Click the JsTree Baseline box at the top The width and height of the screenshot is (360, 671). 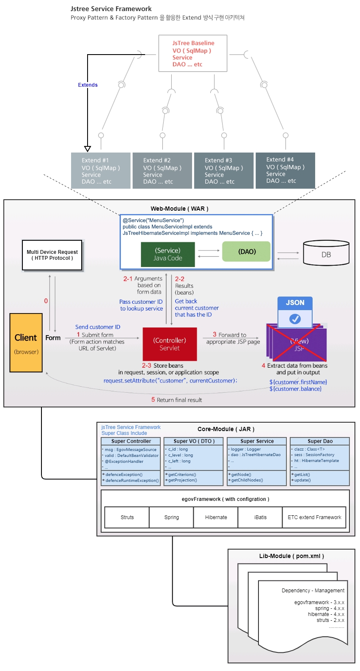pyautogui.click(x=193, y=53)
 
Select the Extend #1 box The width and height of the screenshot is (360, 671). pyautogui.click(x=101, y=170)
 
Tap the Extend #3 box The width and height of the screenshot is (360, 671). pyautogui.click(x=223, y=170)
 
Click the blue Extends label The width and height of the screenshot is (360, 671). pyautogui.click(x=88, y=85)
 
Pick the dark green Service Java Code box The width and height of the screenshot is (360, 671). pyautogui.click(x=168, y=254)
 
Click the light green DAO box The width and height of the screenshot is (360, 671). pyautogui.click(x=246, y=252)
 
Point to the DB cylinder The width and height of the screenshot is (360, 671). pyautogui.click(x=326, y=253)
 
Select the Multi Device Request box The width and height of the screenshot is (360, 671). pyautogui.click(x=52, y=255)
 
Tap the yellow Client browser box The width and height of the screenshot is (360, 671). pyautogui.click(x=26, y=343)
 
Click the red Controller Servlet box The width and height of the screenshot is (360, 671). pyautogui.click(x=170, y=344)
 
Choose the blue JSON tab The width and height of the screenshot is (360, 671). pyautogui.click(x=295, y=303)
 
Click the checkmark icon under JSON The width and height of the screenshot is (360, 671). pyautogui.click(x=295, y=319)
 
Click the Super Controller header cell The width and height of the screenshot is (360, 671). pyautogui.click(x=131, y=441)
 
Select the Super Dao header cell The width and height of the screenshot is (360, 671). pyautogui.click(x=320, y=441)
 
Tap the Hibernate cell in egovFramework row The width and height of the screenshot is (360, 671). pyautogui.click(x=216, y=517)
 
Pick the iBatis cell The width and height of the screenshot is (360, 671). pyautogui.click(x=260, y=517)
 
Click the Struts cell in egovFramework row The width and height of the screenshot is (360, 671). pyautogui.click(x=127, y=517)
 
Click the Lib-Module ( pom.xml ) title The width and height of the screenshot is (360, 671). pyautogui.click(x=291, y=556)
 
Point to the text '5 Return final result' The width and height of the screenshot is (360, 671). pyautogui.click(x=177, y=400)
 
